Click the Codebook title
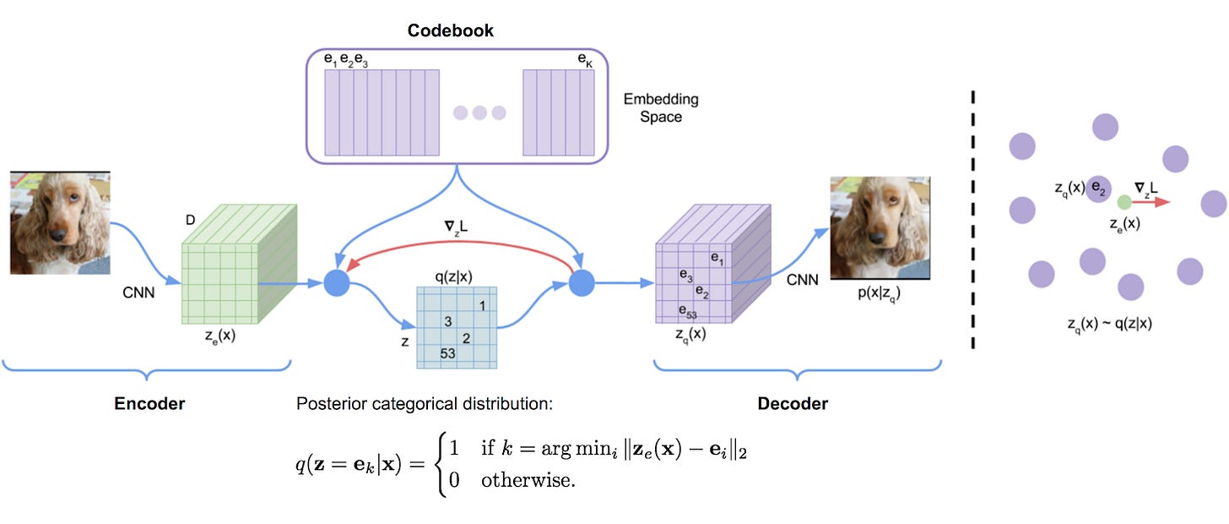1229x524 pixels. coord(450,31)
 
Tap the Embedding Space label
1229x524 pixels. coord(661,108)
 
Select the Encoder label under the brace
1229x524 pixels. coord(149,404)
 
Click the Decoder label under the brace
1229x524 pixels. coord(792,404)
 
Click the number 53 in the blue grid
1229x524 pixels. coord(447,353)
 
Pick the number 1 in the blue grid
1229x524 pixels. coord(481,306)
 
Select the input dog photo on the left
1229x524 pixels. coord(60,221)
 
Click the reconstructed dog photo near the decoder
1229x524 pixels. coord(880,228)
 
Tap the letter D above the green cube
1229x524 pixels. coord(190,221)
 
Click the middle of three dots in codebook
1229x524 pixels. coord(480,112)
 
